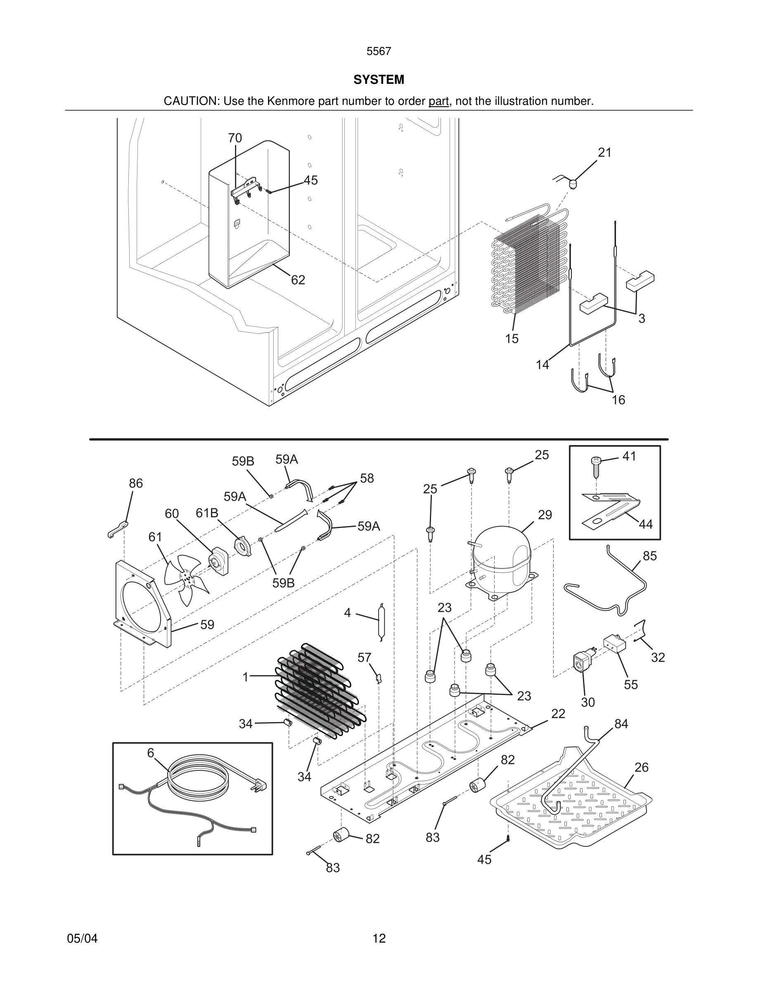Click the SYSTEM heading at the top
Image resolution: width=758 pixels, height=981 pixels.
point(379,80)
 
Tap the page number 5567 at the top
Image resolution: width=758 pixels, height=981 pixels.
point(379,52)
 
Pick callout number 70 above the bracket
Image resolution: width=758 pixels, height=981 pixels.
point(235,138)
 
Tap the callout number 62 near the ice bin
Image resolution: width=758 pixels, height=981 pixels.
point(298,280)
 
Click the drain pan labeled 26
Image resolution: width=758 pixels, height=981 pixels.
point(570,808)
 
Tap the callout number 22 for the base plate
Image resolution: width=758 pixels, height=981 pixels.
point(558,713)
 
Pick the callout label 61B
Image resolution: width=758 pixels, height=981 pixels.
point(206,512)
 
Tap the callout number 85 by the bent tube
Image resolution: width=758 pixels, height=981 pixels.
point(649,556)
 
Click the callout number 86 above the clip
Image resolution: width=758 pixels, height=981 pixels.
point(135,483)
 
